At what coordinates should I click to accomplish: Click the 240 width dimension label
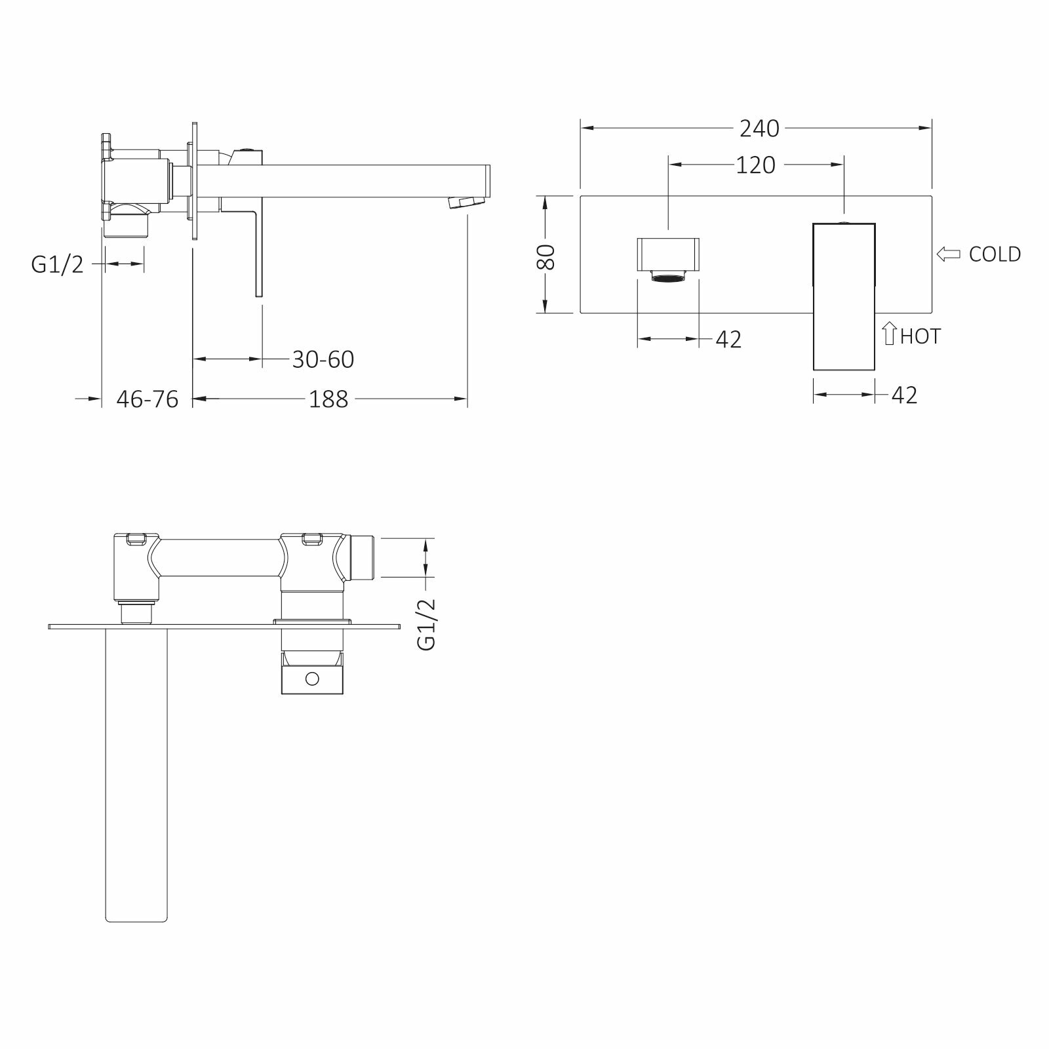tap(759, 129)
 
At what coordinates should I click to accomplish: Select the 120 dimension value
tap(755, 165)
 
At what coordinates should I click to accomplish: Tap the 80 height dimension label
tap(546, 256)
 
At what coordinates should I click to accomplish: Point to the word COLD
tap(995, 254)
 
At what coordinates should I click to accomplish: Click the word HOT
tap(920, 336)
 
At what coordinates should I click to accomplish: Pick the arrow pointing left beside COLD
tap(949, 254)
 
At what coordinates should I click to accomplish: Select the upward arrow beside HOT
tap(890, 333)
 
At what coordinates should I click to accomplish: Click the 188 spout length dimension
tap(328, 399)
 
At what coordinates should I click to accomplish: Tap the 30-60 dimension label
tap(323, 359)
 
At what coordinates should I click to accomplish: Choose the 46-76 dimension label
tap(148, 399)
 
